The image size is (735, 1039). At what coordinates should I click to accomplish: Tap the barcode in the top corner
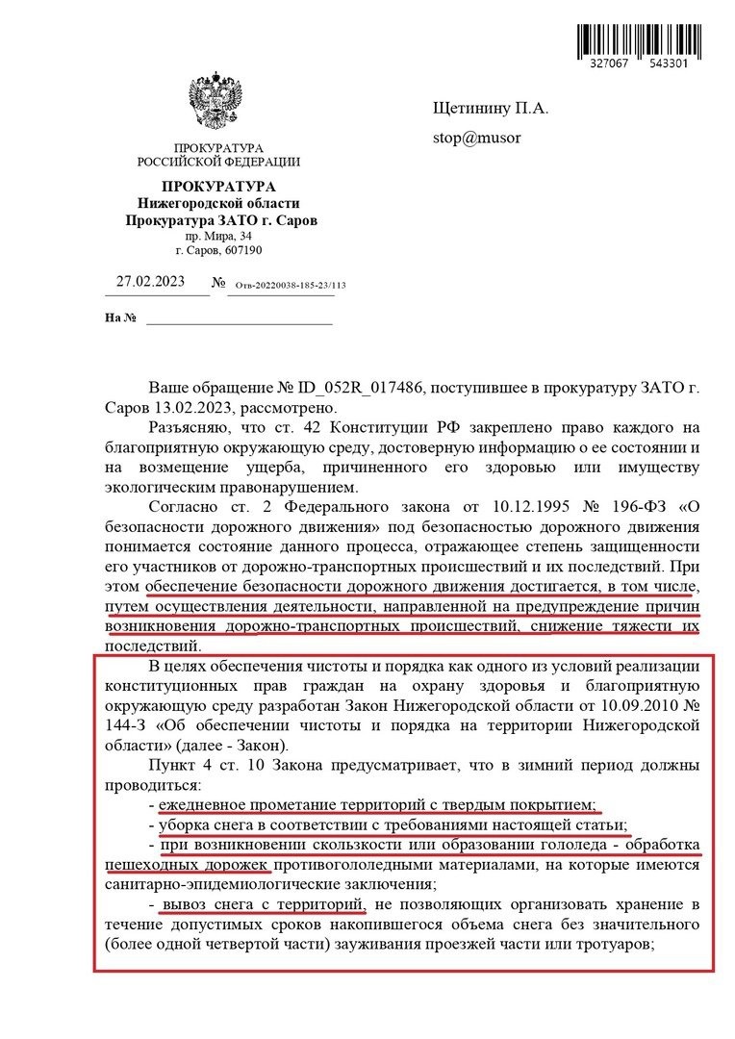(x=646, y=37)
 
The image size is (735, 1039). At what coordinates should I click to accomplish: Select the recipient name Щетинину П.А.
(x=490, y=109)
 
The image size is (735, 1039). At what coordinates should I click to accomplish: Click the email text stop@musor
(x=476, y=137)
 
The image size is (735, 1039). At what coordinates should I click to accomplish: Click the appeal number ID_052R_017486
(x=357, y=389)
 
